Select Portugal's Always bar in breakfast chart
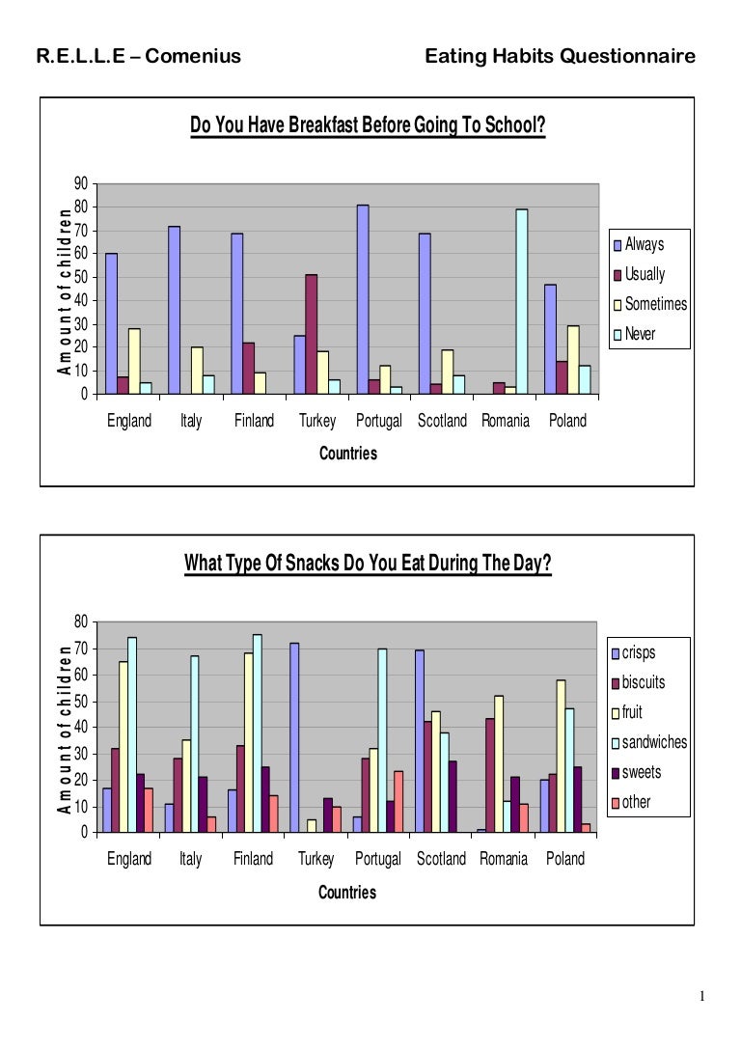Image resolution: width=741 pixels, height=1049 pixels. (362, 299)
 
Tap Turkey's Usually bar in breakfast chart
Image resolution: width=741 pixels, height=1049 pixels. (311, 334)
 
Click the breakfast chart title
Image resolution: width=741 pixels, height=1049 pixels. (368, 126)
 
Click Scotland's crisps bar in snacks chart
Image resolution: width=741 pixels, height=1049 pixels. (420, 740)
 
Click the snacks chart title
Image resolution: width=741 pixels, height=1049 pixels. (368, 564)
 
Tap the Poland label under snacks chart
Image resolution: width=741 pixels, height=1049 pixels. (565, 859)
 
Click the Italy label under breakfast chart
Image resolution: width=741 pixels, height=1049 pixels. (191, 421)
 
